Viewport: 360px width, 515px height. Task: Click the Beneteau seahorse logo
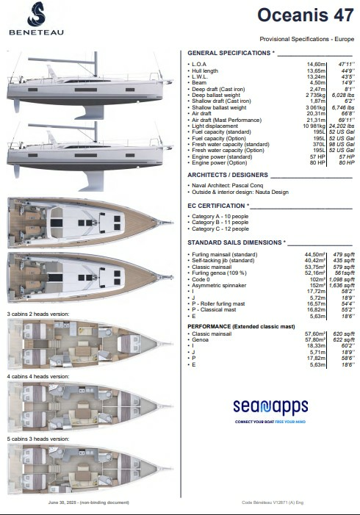[35, 14]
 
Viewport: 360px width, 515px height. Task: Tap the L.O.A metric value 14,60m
[317, 65]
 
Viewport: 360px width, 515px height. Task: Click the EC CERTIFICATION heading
[218, 206]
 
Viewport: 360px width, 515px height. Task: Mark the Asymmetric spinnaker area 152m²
[318, 285]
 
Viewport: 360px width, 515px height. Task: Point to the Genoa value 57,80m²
[314, 339]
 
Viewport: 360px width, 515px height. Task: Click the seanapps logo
[269, 406]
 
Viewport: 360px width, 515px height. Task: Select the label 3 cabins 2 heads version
[38, 314]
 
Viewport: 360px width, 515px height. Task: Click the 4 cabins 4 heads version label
[38, 376]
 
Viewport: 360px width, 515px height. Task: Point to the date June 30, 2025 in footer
[63, 503]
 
